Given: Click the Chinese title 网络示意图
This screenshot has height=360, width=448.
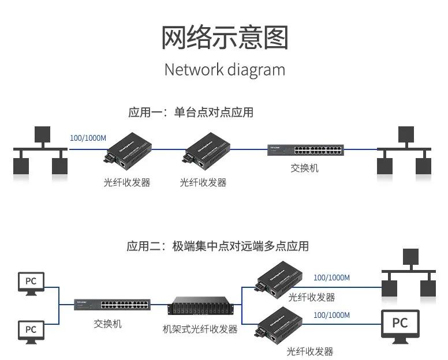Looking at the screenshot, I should [224, 37].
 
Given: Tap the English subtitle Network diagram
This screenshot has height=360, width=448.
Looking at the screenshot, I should [224, 70].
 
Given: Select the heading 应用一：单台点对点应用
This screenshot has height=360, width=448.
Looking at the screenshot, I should [191, 112].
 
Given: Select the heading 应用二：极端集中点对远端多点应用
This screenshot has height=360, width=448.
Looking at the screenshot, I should [217, 246].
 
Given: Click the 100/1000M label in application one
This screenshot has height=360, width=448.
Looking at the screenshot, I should [88, 138].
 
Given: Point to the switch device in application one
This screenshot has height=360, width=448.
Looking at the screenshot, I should [305, 150].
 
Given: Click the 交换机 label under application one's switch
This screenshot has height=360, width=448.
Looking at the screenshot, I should [304, 168].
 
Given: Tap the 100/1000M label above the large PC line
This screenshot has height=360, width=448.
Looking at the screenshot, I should [331, 316].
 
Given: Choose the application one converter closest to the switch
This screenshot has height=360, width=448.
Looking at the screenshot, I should [203, 151].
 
